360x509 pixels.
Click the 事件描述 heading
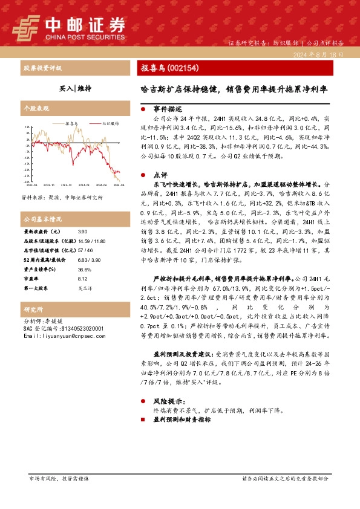(168, 109)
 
